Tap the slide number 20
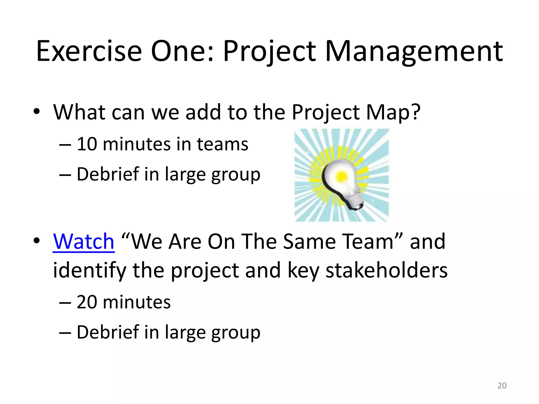pos(502,386)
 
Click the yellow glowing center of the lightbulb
pos(341,176)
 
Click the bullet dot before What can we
pos(37,112)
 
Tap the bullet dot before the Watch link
pos(37,240)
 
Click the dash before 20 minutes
pos(65,302)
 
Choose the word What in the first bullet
pos(79,112)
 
